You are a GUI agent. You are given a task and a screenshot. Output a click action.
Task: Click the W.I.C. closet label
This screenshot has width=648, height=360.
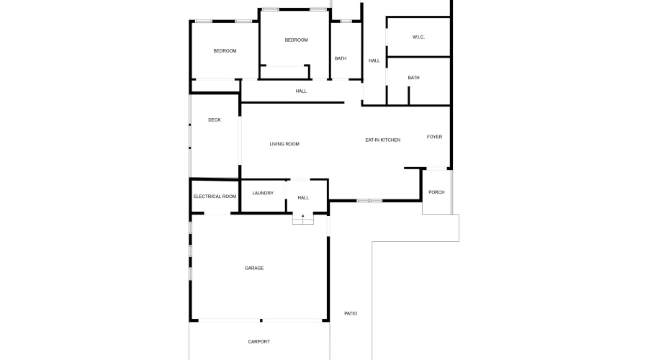tap(418, 37)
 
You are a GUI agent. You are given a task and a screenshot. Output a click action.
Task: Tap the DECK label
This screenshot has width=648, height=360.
tap(215, 120)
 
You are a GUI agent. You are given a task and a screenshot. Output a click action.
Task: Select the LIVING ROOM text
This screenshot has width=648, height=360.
tap(284, 144)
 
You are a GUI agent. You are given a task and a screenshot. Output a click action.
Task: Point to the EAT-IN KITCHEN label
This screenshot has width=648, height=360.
tap(382, 140)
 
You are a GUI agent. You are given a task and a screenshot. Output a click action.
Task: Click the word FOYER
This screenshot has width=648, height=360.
tap(434, 137)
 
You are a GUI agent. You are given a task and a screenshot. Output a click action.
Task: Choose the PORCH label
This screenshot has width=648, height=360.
tap(436, 192)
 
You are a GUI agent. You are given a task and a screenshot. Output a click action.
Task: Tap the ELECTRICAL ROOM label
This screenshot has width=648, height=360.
tap(215, 197)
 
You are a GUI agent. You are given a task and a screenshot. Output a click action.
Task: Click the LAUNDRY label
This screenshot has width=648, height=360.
tap(263, 193)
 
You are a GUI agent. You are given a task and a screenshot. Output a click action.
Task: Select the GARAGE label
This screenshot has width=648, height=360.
tap(254, 268)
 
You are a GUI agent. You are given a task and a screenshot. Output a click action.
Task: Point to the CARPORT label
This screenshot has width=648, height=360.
tap(258, 341)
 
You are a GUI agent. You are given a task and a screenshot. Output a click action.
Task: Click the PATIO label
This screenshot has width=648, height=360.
tap(351, 313)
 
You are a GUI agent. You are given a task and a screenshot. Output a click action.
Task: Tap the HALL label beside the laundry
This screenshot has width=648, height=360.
tap(303, 197)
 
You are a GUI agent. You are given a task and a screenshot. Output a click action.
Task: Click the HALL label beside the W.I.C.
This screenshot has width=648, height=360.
tap(374, 60)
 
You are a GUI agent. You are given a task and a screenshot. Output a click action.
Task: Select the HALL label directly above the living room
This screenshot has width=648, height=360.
tap(301, 91)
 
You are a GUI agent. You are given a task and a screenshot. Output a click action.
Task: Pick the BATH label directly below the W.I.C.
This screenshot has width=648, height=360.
tap(413, 78)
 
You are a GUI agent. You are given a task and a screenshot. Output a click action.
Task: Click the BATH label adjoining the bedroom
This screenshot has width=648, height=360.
tap(341, 58)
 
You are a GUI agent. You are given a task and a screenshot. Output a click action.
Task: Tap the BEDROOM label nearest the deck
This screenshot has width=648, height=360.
tap(225, 51)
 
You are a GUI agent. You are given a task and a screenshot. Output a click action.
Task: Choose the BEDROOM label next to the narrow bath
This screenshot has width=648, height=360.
tap(296, 40)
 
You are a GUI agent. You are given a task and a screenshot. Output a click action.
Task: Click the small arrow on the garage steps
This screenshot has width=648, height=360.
tap(303, 215)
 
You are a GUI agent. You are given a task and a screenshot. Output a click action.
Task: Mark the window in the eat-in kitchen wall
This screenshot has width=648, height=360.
tap(369, 200)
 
